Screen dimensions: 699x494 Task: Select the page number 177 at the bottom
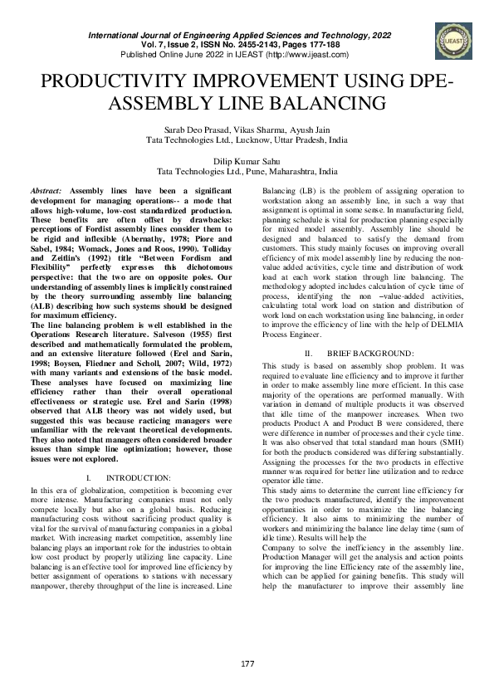tap(247, 662)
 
